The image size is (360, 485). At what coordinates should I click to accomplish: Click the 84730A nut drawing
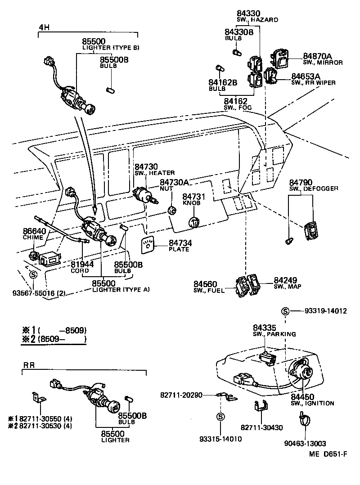(171, 209)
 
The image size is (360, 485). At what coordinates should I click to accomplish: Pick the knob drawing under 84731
(193, 222)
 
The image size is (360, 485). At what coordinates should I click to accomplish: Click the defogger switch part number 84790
(301, 182)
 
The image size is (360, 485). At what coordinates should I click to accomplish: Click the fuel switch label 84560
(206, 284)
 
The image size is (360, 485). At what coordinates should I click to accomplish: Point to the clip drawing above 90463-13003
(302, 420)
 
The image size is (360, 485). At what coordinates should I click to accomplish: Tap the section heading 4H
(43, 27)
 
